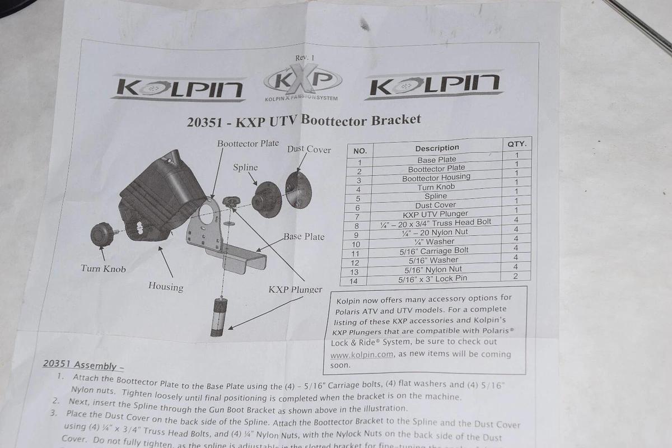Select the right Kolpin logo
[x=435, y=85]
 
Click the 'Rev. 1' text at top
[x=305, y=58]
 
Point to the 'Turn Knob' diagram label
[x=103, y=269]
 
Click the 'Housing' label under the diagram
[x=165, y=287]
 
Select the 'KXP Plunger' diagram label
[x=295, y=290]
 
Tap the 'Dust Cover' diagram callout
[x=309, y=150]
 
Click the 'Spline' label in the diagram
[x=245, y=167]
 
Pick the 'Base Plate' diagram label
[x=304, y=236]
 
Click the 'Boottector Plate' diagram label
[x=248, y=143]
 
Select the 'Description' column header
[x=437, y=148]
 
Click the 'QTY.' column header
[x=516, y=144]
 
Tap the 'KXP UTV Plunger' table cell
[x=435, y=214]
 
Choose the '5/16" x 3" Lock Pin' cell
[x=432, y=278]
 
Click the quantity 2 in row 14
[x=515, y=276]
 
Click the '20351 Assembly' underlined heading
[x=80, y=365]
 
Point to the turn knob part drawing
[x=102, y=234]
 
